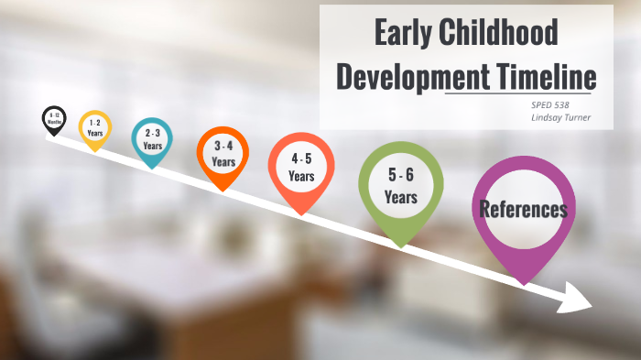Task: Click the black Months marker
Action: click(54, 119)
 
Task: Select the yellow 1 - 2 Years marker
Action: click(94, 127)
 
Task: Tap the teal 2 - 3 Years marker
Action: click(152, 139)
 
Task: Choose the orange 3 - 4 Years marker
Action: click(223, 153)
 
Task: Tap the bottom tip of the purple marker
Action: click(524, 283)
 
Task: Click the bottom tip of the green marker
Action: click(400, 246)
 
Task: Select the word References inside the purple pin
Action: click(523, 209)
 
